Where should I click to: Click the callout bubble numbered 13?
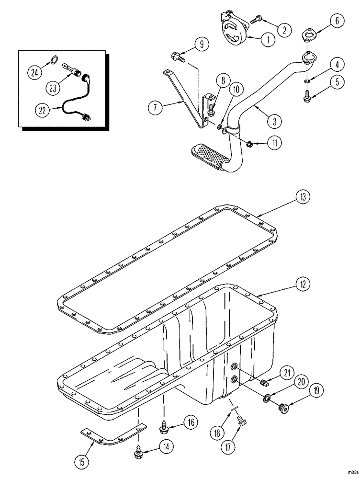pyautogui.click(x=303, y=196)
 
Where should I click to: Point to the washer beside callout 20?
pyautogui.click(x=266, y=397)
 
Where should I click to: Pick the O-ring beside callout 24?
pyautogui.click(x=55, y=60)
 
